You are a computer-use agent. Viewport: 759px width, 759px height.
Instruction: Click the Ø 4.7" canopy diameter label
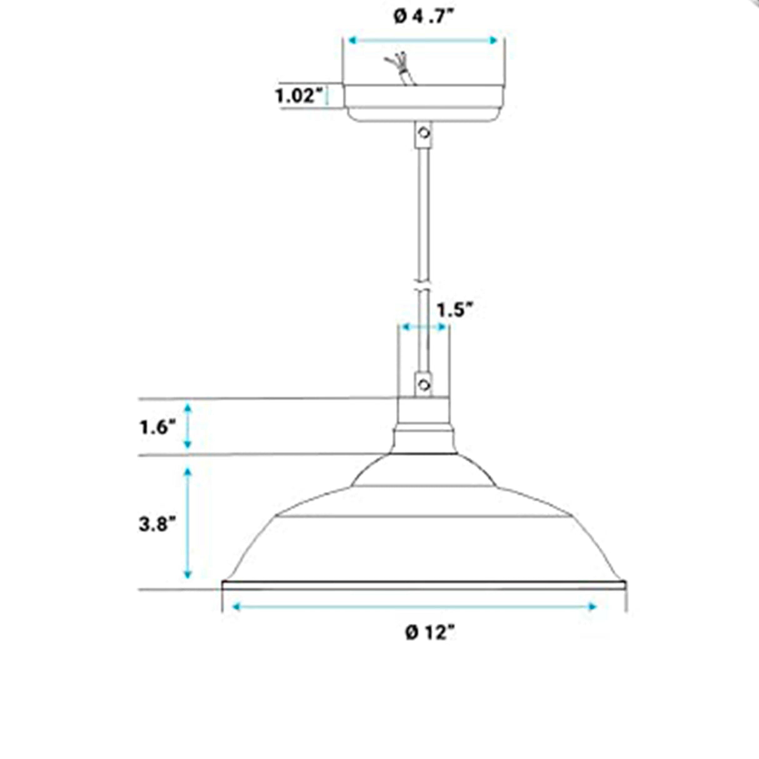[425, 18]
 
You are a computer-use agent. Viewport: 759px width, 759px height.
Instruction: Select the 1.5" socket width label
[454, 310]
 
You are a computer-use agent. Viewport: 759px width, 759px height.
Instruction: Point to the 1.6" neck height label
[158, 428]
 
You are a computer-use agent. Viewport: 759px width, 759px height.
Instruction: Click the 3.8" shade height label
[157, 525]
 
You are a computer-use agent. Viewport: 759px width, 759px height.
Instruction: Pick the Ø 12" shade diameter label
[430, 633]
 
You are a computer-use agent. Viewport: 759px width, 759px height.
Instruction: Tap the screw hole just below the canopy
[424, 133]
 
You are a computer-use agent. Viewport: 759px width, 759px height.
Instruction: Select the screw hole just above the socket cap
[424, 385]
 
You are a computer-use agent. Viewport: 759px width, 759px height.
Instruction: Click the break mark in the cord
[423, 286]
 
